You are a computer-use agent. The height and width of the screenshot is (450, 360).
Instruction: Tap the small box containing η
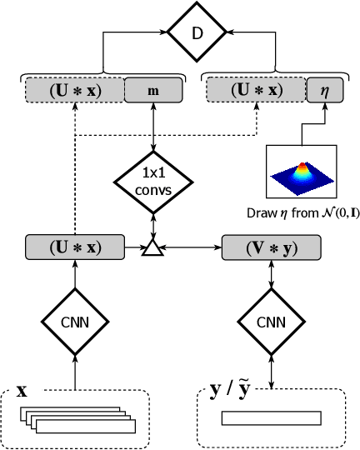point(324,89)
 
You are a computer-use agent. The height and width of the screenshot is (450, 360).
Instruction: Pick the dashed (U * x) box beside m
point(75,89)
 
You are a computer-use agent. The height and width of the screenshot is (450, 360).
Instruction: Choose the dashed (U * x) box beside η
point(256,89)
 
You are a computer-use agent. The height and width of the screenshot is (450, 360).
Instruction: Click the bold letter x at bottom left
point(22,391)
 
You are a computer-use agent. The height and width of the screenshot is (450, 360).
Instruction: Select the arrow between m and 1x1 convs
point(152,127)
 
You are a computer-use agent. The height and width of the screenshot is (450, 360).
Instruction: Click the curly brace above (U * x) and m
point(101,72)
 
